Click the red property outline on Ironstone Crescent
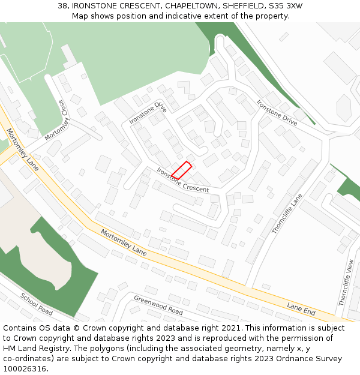point(181,170)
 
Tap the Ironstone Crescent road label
point(182,180)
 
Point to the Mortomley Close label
point(58,120)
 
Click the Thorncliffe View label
point(350,283)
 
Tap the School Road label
point(37,304)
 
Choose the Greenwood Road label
point(158,305)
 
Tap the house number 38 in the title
point(63,6)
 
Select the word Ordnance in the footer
point(287,359)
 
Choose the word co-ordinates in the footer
point(27,359)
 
